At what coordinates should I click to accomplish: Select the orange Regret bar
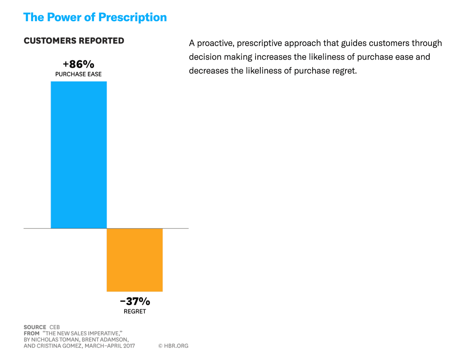pyautogui.click(x=135, y=260)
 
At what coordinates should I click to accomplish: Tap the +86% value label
pyautogui.click(x=78, y=64)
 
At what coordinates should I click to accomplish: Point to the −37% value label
pyautogui.click(x=135, y=301)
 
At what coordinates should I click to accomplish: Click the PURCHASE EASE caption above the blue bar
pyautogui.click(x=78, y=74)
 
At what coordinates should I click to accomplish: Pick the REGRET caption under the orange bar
pyautogui.click(x=135, y=311)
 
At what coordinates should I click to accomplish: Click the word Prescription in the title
pyautogui.click(x=132, y=17)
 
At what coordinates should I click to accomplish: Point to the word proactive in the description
pyautogui.click(x=215, y=43)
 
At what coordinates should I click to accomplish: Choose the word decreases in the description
pyautogui.click(x=208, y=71)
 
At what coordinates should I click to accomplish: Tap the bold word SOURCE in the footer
pyautogui.click(x=35, y=327)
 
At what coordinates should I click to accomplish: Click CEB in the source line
pyautogui.click(x=54, y=327)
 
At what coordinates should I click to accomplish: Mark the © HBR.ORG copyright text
pyautogui.click(x=173, y=346)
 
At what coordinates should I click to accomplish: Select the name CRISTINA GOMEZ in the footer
pyautogui.click(x=59, y=346)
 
